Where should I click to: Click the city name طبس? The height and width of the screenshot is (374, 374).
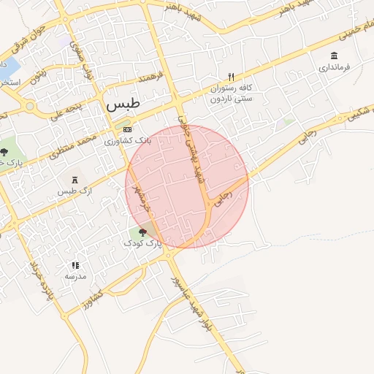pyautogui.click(x=121, y=104)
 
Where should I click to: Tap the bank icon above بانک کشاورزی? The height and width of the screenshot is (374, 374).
pyautogui.click(x=128, y=129)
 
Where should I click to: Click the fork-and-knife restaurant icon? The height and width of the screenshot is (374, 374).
pyautogui.click(x=232, y=77)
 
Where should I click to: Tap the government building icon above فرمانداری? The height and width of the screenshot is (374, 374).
pyautogui.click(x=335, y=56)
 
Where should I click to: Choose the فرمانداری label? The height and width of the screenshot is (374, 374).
pyautogui.click(x=335, y=68)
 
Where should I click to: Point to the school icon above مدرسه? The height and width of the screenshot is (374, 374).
pyautogui.click(x=75, y=266)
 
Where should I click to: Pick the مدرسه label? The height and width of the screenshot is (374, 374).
pyautogui.click(x=75, y=277)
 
